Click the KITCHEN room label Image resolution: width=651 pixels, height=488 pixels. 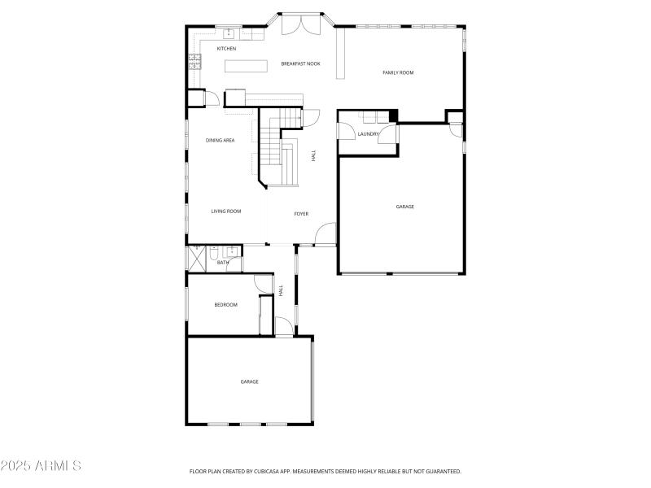[226, 49]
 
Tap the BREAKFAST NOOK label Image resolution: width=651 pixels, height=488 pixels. [300, 63]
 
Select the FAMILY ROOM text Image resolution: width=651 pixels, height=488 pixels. [398, 73]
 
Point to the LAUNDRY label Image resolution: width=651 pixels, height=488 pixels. [369, 134]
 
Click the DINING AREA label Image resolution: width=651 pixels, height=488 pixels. [220, 141]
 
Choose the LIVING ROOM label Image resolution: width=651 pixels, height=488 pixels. [226, 211]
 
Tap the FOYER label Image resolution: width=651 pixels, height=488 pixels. [301, 214]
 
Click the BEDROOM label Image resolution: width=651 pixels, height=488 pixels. [225, 305]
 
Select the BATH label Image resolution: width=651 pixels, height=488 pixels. [223, 263]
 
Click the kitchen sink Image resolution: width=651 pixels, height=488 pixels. [229, 33]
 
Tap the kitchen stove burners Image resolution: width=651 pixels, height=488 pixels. [195, 60]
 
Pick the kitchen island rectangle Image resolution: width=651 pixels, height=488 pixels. [246, 67]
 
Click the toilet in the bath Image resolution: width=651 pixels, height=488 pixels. [212, 255]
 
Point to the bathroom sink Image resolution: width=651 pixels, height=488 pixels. [231, 251]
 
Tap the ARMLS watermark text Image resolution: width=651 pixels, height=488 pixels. [41, 466]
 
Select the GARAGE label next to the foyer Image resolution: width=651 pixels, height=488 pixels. [404, 207]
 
